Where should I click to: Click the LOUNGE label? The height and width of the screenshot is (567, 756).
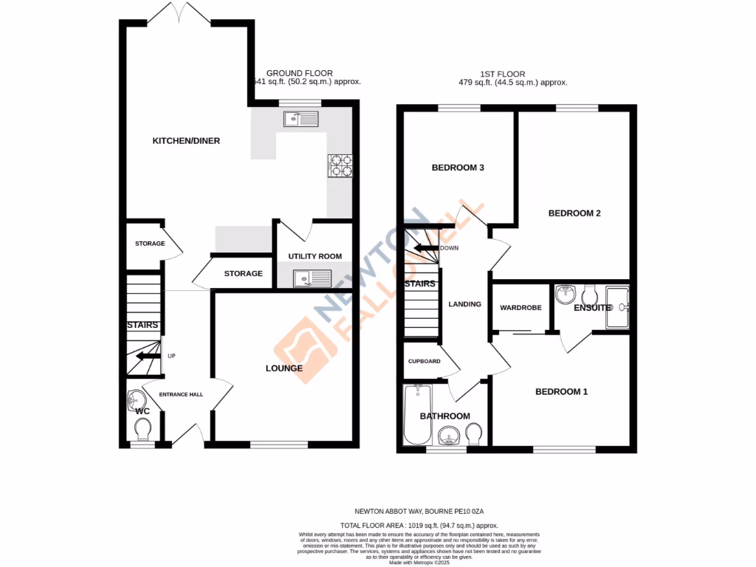click(x=284, y=368)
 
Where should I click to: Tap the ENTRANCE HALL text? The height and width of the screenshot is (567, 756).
click(x=181, y=394)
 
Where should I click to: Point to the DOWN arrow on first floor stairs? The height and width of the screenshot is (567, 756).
click(x=426, y=248)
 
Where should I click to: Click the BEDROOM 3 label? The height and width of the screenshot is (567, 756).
click(x=458, y=168)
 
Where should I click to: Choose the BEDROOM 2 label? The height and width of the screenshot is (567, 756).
click(x=574, y=213)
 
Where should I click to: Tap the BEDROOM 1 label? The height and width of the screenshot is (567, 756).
click(x=561, y=391)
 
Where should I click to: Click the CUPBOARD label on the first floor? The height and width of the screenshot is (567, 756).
click(x=425, y=361)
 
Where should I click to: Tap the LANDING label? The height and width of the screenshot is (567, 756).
click(x=464, y=304)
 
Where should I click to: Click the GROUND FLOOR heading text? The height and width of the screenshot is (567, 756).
click(x=299, y=73)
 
